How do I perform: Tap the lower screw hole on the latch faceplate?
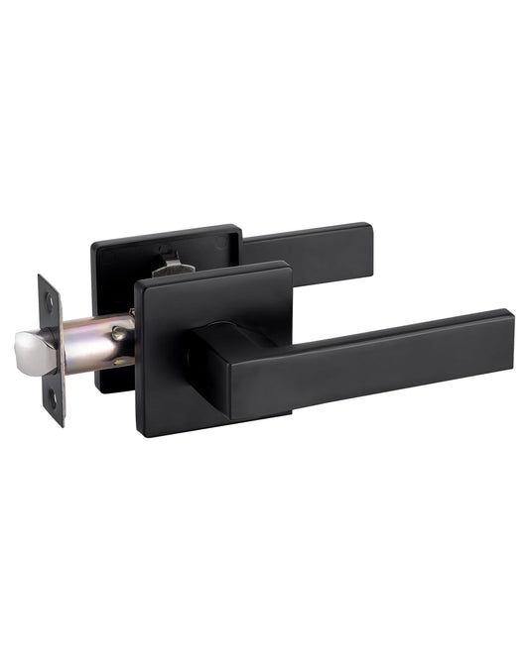[56, 398]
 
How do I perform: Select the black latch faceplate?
[52, 347]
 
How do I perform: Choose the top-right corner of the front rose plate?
[287, 265]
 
